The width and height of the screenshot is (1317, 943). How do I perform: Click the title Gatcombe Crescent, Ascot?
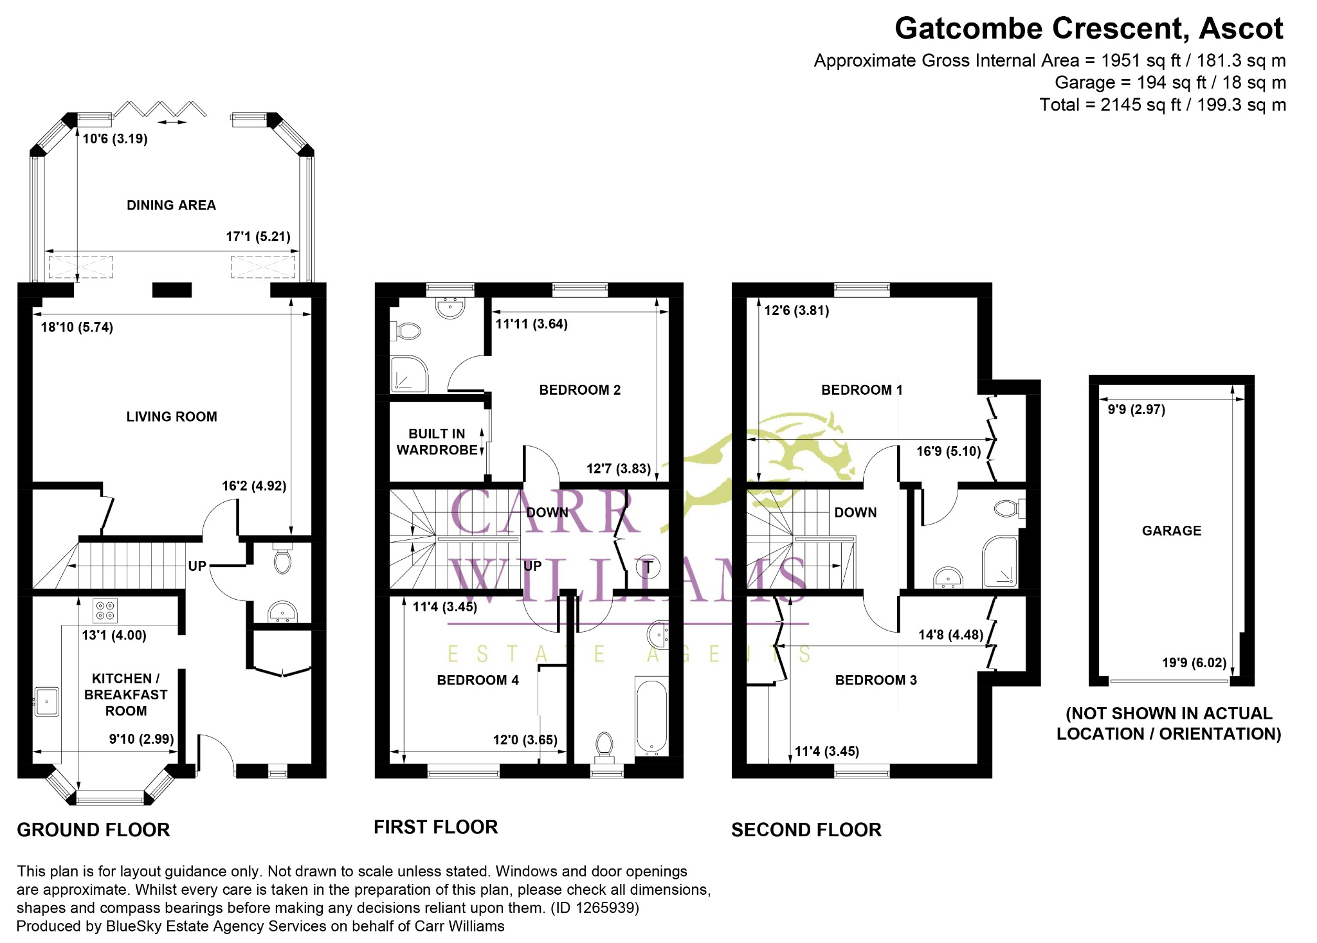1089,28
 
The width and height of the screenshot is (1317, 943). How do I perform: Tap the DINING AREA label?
171,205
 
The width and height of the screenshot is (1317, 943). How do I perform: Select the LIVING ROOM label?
172,417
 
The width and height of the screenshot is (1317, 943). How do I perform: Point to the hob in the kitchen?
105,611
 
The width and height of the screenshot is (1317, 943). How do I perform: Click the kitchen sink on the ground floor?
47,701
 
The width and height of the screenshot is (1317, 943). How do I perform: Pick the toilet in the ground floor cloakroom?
282,559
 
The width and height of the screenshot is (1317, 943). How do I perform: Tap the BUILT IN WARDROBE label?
437,442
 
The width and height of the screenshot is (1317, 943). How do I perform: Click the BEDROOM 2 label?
580,390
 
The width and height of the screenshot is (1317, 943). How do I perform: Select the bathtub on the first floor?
651,716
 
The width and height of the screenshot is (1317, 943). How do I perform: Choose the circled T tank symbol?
648,568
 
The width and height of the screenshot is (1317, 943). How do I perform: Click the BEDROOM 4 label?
478,680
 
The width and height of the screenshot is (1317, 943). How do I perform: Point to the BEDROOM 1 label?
862,390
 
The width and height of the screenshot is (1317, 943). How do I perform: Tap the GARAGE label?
1172,530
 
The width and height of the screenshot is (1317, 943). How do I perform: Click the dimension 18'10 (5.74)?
77,327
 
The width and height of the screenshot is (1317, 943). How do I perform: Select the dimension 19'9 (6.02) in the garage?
1194,663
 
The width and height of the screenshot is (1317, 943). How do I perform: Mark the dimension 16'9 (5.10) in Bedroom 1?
949,451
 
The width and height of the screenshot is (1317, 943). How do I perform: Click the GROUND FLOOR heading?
93,830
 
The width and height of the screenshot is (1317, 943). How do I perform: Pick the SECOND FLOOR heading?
806,830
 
